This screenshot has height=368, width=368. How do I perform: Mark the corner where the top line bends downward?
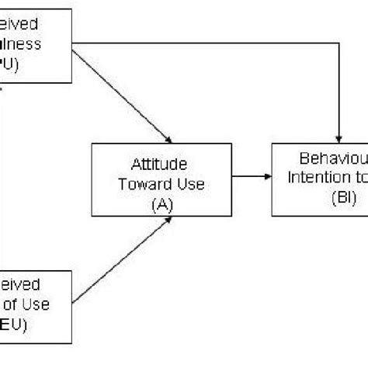tap(339, 43)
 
